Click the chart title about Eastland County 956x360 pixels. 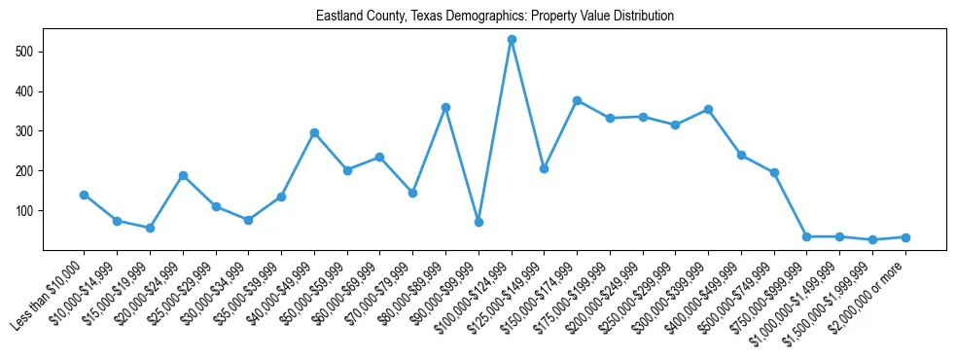pyautogui.click(x=495, y=17)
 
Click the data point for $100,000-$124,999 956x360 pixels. pyautogui.click(x=512, y=40)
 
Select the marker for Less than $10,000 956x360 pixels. pyautogui.click(x=84, y=195)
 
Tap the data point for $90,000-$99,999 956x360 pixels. pyautogui.click(x=478, y=222)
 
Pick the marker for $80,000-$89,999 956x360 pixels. pyautogui.click(x=445, y=107)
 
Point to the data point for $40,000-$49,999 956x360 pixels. pyautogui.click(x=314, y=132)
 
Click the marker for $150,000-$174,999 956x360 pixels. pyautogui.click(x=577, y=100)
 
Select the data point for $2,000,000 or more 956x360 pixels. pyautogui.click(x=905, y=237)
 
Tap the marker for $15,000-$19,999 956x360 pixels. pyautogui.click(x=150, y=228)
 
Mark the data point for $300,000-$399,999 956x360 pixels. pyautogui.click(x=708, y=109)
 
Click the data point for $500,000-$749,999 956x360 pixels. pyautogui.click(x=774, y=172)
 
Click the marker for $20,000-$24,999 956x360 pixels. pyautogui.click(x=183, y=176)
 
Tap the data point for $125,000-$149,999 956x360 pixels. pyautogui.click(x=544, y=168)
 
